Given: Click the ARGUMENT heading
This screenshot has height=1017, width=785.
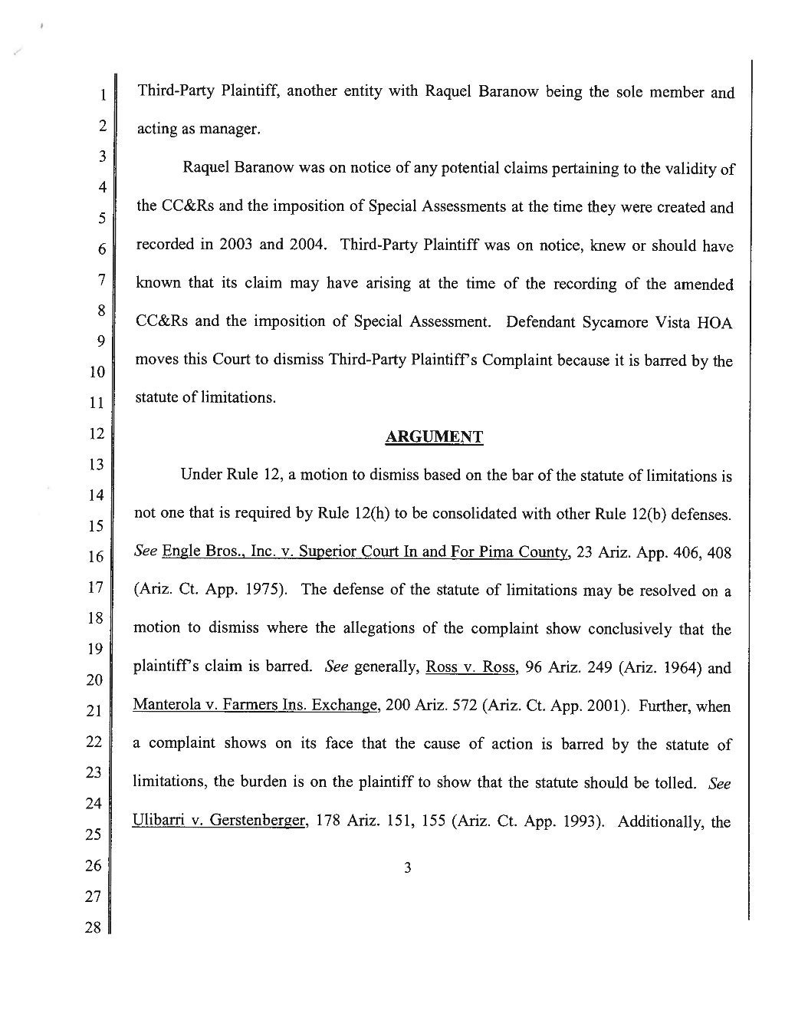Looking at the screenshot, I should (433, 437).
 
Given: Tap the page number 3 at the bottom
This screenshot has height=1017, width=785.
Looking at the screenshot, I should (408, 867).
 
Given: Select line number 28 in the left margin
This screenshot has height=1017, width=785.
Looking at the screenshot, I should (93, 928).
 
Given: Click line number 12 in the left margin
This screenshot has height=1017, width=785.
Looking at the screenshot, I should (95, 433).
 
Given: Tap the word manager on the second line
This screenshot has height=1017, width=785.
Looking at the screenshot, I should (228, 130).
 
